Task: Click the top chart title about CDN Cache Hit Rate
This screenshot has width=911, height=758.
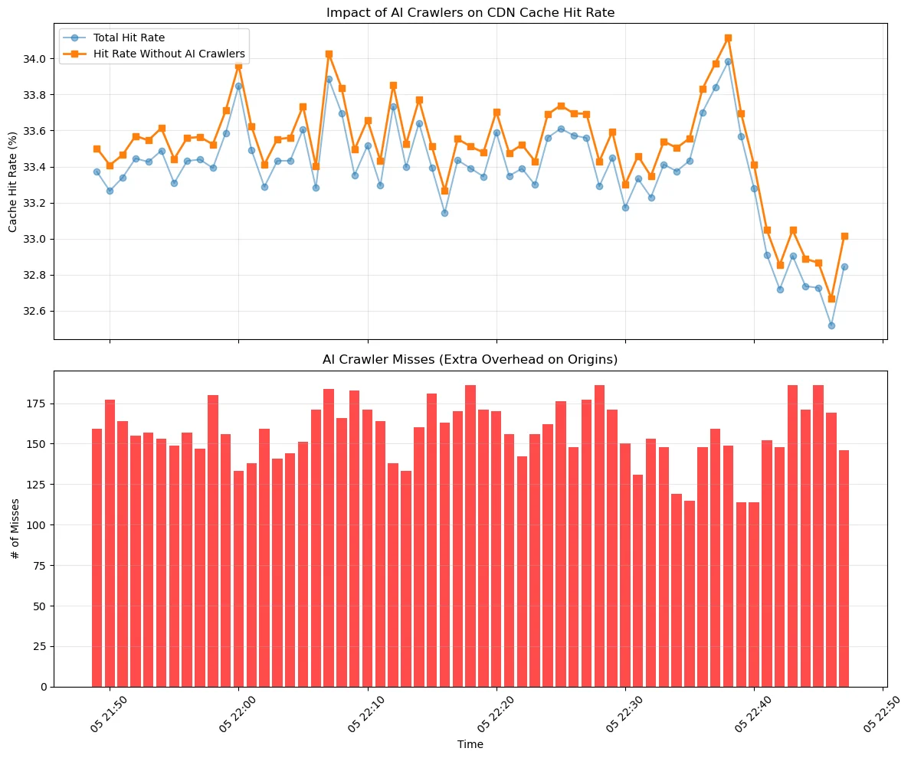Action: click(470, 12)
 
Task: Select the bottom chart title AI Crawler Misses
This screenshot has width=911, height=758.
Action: click(470, 359)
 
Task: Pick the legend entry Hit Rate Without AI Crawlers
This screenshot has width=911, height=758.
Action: click(169, 54)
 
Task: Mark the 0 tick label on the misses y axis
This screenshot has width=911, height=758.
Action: click(44, 687)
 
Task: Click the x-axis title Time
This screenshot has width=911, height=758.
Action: click(470, 743)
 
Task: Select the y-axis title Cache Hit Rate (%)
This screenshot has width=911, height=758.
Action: click(14, 181)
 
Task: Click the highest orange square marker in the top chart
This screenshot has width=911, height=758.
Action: click(728, 38)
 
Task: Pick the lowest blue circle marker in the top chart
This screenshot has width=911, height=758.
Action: click(831, 325)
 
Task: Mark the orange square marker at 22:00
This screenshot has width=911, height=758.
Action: click(238, 66)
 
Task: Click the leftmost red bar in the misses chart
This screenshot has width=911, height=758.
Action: click(97, 557)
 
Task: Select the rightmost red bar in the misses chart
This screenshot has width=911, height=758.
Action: click(844, 568)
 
